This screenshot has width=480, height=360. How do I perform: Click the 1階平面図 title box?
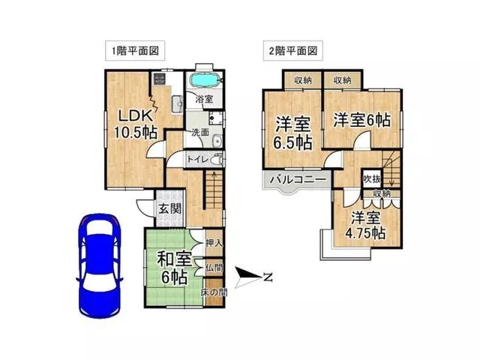pyautogui.click(x=135, y=50)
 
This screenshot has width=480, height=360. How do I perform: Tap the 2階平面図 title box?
pyautogui.click(x=293, y=50)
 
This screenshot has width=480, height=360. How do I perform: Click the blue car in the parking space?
pyautogui.click(x=100, y=265)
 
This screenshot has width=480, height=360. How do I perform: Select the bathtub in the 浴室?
pyautogui.click(x=205, y=80)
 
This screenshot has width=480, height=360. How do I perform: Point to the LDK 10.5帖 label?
pyautogui.click(x=135, y=124)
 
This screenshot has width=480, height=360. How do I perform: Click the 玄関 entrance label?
pyautogui.click(x=170, y=209)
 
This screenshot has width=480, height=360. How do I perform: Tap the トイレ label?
pyautogui.click(x=198, y=160)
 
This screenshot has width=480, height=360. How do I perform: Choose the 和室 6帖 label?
pyautogui.click(x=174, y=268)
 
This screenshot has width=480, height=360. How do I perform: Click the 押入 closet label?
pyautogui.click(x=214, y=243)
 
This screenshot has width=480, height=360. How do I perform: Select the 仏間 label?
pyautogui.click(x=214, y=268)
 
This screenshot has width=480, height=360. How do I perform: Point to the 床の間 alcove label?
pyautogui.click(x=214, y=292)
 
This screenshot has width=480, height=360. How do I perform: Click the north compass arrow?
pyautogui.click(x=249, y=277)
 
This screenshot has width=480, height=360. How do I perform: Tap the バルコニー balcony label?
pyautogui.click(x=298, y=179)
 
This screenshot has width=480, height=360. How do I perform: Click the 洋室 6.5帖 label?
pyautogui.click(x=292, y=133)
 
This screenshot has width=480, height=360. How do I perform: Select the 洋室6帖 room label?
pyautogui.click(x=361, y=120)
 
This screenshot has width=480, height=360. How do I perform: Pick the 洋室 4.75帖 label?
pyautogui.click(x=365, y=226)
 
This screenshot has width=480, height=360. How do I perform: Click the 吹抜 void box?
pyautogui.click(x=372, y=178)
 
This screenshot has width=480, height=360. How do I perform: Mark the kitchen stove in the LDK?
pyautogui.click(x=159, y=79)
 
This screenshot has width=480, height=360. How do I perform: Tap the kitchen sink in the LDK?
pyautogui.click(x=177, y=103)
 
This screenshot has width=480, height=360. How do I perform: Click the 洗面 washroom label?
pyautogui.click(x=200, y=132)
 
